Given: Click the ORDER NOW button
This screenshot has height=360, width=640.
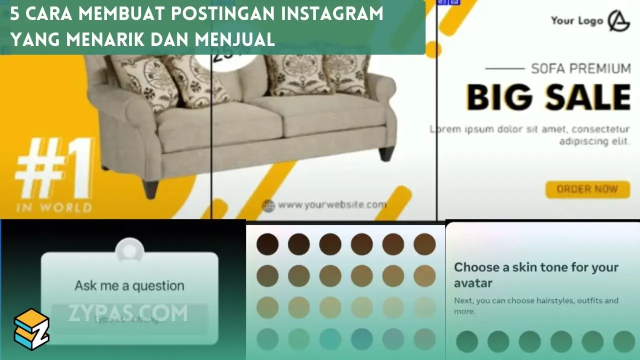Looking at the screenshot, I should coord(587,189).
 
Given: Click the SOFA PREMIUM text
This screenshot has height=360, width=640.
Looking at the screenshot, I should coord(580,68).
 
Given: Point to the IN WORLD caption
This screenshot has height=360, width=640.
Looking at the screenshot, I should coord(54,207).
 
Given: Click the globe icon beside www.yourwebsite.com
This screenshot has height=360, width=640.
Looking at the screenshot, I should coord(268,205).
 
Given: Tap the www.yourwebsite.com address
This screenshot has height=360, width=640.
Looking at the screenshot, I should coord(332,204).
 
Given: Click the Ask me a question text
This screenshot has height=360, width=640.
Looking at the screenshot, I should coord(129,286).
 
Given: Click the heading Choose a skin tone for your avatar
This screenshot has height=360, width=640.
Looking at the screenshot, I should coord(536,275).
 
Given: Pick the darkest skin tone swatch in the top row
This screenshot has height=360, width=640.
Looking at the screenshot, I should coord(267,244).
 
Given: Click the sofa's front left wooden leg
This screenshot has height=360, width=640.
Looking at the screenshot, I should coord(150,188).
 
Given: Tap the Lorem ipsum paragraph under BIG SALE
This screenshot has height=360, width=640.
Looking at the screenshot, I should coord(529,135).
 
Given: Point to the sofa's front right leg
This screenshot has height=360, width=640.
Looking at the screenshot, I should coord(386,153).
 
